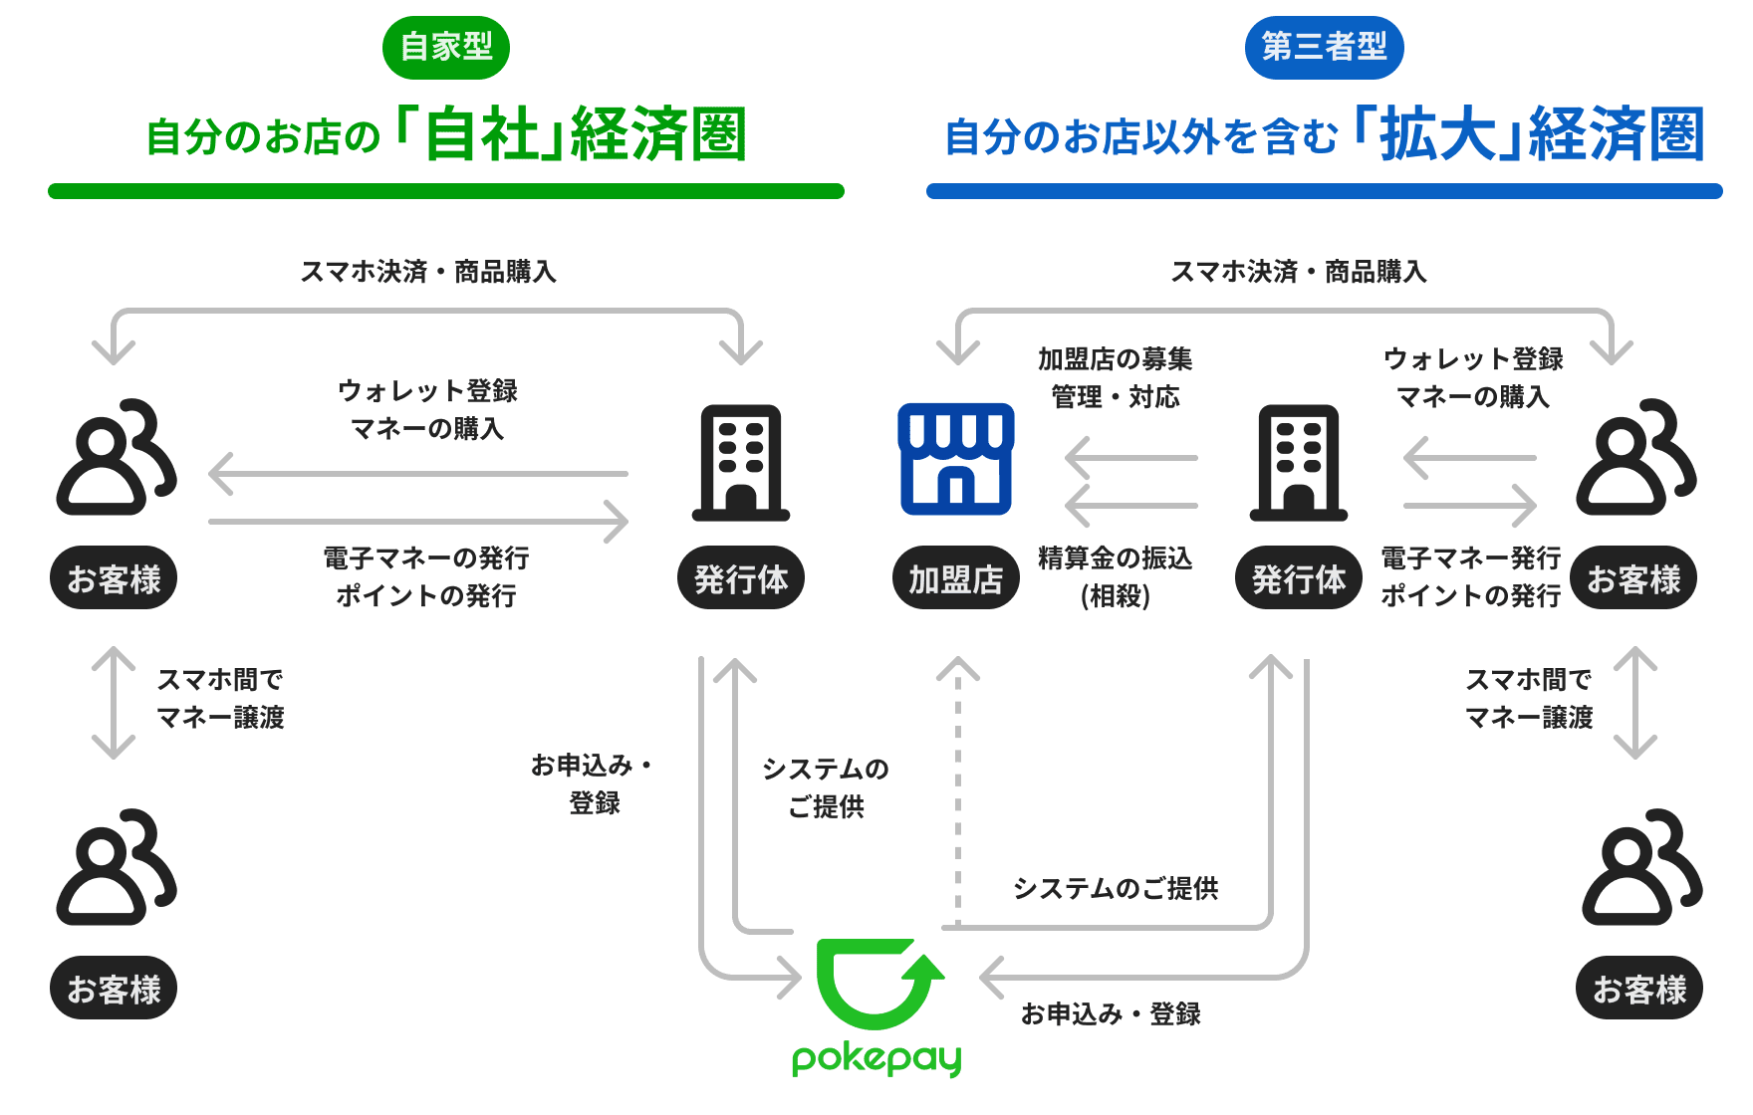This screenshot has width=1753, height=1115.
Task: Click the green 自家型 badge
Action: point(446,46)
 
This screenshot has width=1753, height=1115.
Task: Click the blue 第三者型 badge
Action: point(1323,46)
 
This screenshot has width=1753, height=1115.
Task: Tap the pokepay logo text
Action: point(876,1057)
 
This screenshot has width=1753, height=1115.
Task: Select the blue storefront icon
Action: point(955,459)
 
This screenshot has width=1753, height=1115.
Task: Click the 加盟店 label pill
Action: point(955,578)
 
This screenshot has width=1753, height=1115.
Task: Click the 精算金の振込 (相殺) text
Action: point(1115,577)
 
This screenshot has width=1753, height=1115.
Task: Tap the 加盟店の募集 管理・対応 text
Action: point(1115,378)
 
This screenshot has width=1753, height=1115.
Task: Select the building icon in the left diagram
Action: point(740,462)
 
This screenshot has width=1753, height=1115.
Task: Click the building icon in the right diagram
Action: point(1298,462)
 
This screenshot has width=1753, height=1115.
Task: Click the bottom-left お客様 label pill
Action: point(114,989)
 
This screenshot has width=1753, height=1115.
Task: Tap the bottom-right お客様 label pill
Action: point(1638,989)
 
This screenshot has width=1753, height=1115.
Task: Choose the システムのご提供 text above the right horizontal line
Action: point(1115,888)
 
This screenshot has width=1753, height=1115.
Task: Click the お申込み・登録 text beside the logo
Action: point(1110,1014)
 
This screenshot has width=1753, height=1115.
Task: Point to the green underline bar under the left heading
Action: point(446,190)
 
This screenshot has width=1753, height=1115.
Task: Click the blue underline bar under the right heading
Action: point(1323,190)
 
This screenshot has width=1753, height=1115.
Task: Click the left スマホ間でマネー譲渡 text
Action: point(220,699)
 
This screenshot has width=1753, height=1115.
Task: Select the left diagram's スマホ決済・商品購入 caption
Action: point(428,272)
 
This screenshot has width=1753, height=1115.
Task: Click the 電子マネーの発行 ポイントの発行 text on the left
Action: point(426,577)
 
